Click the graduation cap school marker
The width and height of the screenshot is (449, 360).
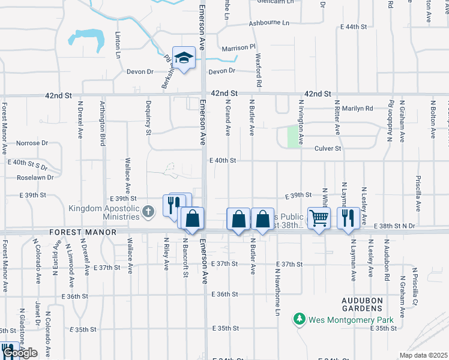point(185,58)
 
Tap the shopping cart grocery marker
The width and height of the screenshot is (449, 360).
point(319,218)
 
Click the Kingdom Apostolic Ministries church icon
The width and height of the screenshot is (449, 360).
point(149,211)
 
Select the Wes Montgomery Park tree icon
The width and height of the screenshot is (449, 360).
point(300,319)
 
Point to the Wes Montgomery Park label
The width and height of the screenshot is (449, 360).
point(351,320)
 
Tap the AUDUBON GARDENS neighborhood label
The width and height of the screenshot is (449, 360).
point(370,303)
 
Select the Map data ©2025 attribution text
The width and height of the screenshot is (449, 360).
point(423,355)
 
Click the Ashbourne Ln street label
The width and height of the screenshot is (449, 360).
point(269,23)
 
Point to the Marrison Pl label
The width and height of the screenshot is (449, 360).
point(238,47)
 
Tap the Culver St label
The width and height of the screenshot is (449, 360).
point(329,148)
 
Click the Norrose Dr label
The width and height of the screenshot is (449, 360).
point(32,143)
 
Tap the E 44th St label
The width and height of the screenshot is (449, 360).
point(353,27)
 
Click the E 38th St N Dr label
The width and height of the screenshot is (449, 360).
point(394,226)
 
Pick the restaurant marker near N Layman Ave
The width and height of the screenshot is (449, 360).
point(348,218)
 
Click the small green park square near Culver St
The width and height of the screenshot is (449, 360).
point(294,136)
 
